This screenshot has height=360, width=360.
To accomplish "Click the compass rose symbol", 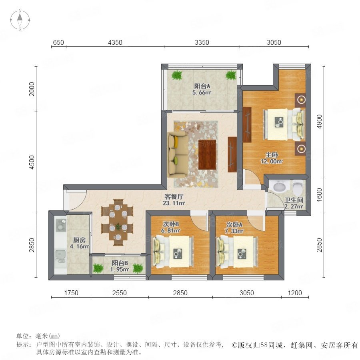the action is click(x=20, y=20).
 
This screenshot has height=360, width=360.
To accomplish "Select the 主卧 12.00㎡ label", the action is click(x=272, y=158).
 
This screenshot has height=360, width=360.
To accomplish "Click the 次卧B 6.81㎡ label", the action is click(x=170, y=227).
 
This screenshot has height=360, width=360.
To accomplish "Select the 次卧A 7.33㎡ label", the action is click(x=234, y=228).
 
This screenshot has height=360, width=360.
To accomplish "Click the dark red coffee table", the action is click(x=207, y=154).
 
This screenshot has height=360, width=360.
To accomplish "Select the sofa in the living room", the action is click(x=178, y=154).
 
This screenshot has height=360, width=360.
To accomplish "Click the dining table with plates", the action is click(x=118, y=222).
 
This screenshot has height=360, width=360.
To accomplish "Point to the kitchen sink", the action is click(x=60, y=254).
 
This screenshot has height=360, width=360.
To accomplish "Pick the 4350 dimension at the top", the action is click(x=115, y=42).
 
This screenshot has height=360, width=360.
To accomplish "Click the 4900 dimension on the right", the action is click(x=319, y=122).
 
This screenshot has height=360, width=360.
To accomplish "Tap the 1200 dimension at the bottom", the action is click(x=295, y=293).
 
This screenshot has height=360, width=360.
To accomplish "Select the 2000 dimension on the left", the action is click(x=32, y=89).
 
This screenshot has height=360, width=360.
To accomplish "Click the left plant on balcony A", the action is click(x=177, y=75).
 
